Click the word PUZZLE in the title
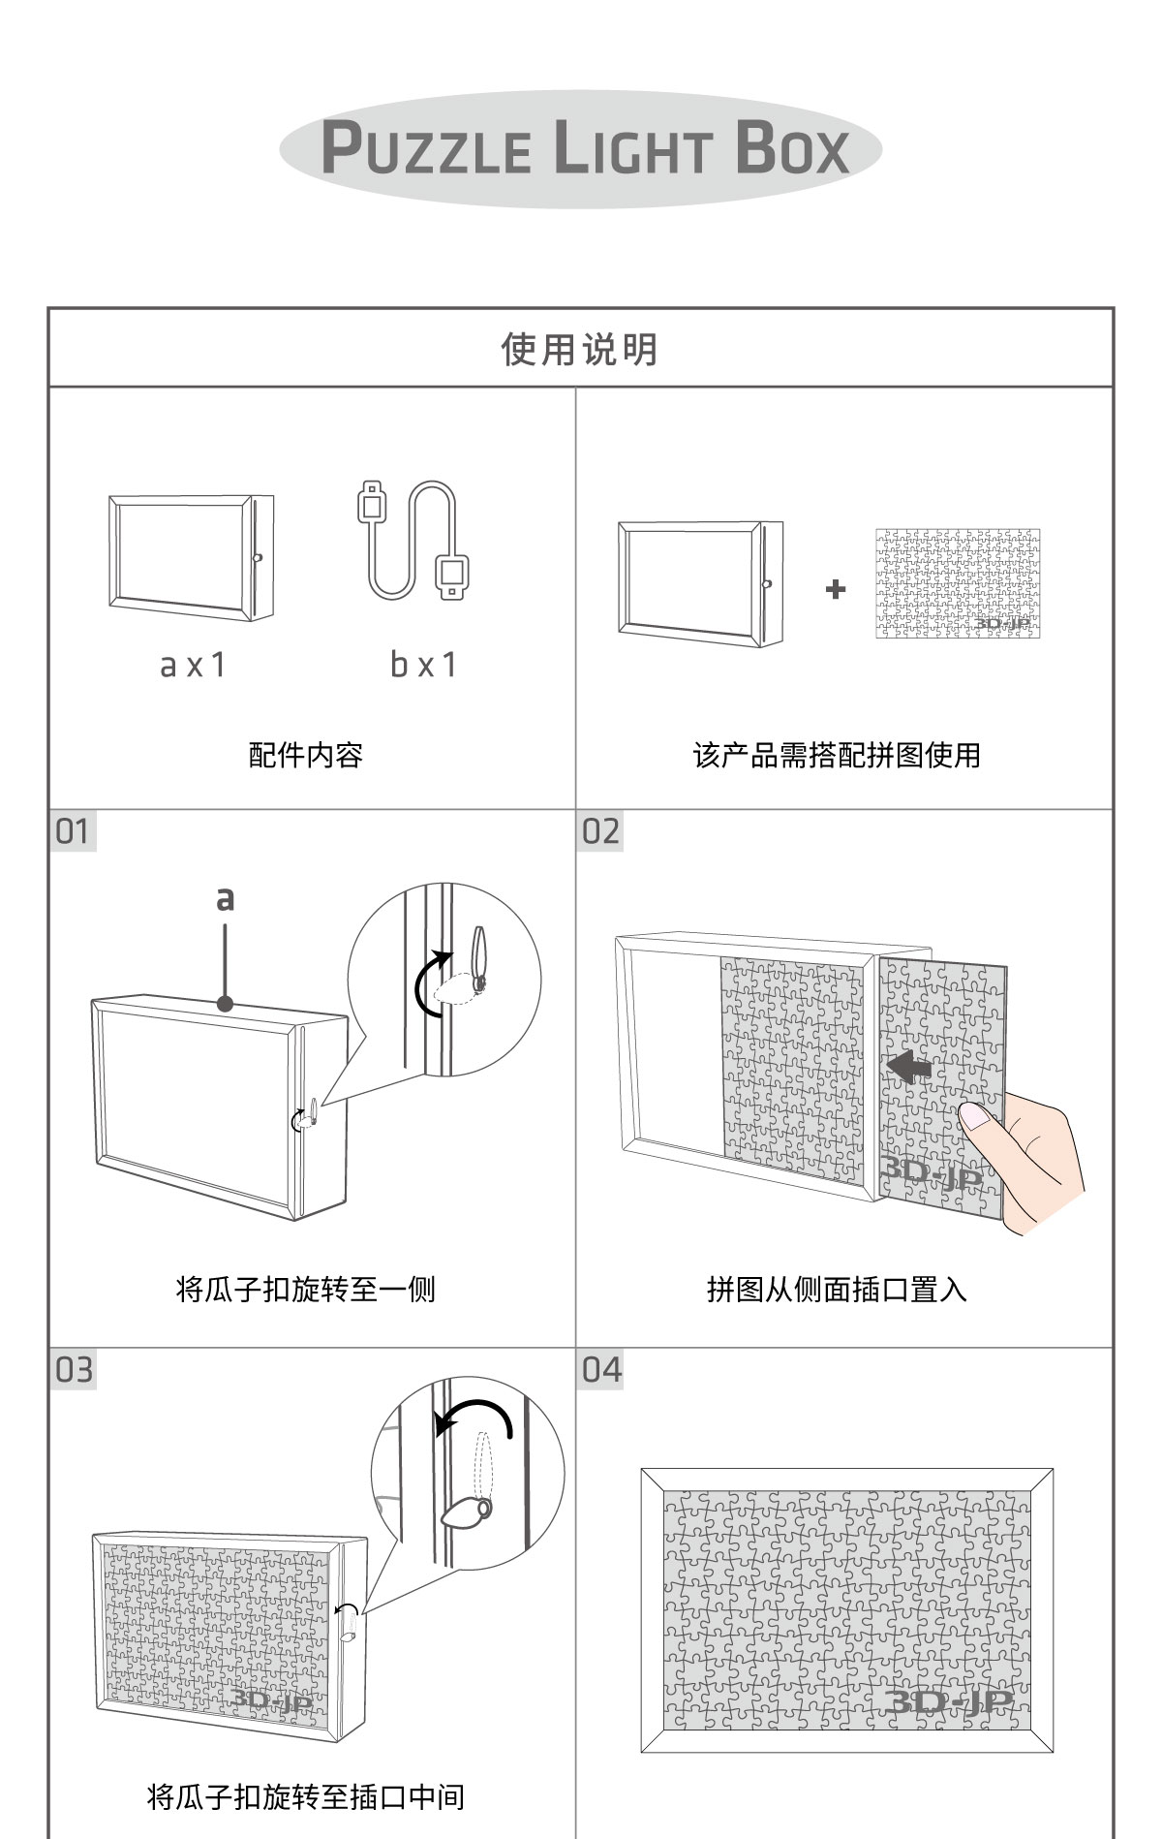[426, 150]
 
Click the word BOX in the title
[791, 150]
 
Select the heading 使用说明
[580, 349]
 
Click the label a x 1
[192, 665]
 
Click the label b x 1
[423, 665]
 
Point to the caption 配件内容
[306, 755]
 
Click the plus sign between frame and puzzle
[836, 588]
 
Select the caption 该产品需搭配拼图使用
[837, 755]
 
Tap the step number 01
[73, 831]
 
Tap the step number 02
[600, 831]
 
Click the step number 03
[74, 1370]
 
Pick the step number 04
[601, 1370]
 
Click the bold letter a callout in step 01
[225, 899]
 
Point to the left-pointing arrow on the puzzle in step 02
[907, 1068]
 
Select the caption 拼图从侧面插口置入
[837, 1290]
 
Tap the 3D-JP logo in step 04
[948, 1701]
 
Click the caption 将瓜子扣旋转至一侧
[306, 1290]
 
